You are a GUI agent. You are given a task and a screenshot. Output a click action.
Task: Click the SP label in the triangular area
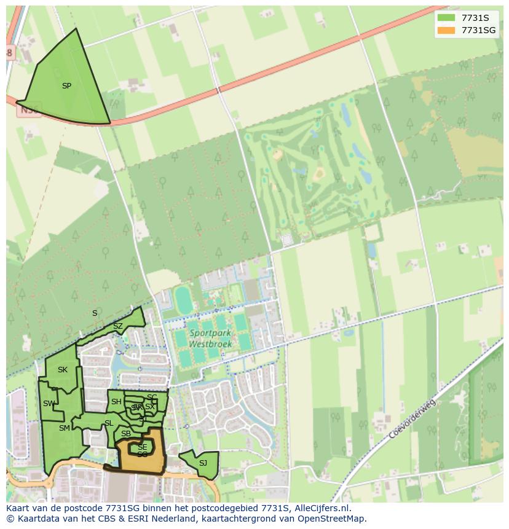tap(66, 86)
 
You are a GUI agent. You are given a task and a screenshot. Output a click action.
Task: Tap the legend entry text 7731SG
tap(478, 30)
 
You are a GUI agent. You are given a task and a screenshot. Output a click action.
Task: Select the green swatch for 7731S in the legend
tap(446, 18)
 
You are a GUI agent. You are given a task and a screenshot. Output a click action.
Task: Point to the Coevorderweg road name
tap(412, 419)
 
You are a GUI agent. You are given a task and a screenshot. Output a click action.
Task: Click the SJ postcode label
tap(203, 463)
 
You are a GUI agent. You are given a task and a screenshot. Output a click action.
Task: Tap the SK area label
tap(63, 370)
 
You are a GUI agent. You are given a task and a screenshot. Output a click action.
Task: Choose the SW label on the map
tap(49, 404)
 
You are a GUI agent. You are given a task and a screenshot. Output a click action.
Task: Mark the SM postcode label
tap(65, 428)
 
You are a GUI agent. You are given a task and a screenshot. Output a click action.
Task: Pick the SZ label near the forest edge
tap(118, 326)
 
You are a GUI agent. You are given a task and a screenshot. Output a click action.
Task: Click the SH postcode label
tap(116, 402)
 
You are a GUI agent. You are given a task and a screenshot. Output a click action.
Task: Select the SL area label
tap(109, 423)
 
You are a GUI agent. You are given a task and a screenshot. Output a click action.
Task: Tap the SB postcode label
tap(126, 434)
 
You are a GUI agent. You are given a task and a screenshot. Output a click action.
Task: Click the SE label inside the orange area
tap(142, 447)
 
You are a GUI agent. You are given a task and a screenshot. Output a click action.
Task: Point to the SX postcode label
tap(150, 407)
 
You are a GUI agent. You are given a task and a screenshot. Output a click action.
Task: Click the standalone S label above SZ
tap(95, 313)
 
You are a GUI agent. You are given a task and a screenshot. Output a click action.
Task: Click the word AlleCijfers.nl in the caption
tap(321, 508)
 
